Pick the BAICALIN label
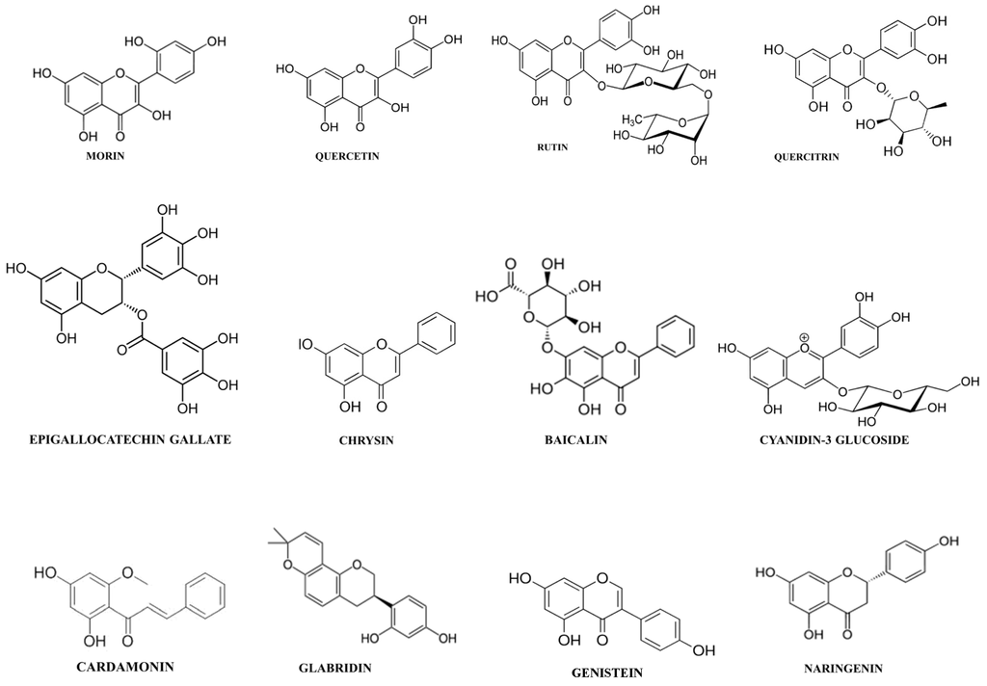pyautogui.click(x=574, y=440)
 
